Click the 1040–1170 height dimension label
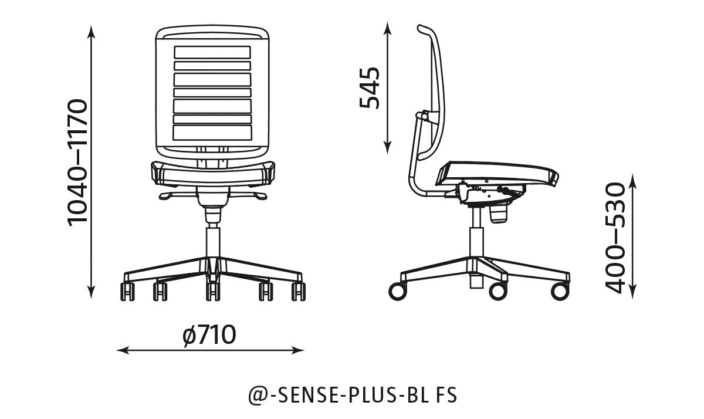click(x=77, y=163)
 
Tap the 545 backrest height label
click(x=370, y=88)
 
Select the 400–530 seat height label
click(x=615, y=238)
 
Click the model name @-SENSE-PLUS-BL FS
click(x=352, y=395)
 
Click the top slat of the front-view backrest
click(x=212, y=52)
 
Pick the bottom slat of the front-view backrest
click(x=212, y=133)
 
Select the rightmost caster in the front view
click(x=299, y=291)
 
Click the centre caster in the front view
click(x=212, y=291)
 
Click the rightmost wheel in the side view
click(x=560, y=291)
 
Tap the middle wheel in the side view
click(x=497, y=290)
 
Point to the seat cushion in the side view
click(x=499, y=172)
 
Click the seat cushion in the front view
click(x=213, y=173)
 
